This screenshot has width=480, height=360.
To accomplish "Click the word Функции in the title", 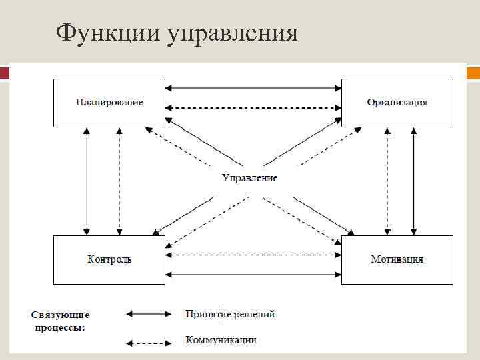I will point(99,32).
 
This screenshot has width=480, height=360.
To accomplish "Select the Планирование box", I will point(109,103).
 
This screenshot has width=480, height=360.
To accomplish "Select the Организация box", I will point(397,103).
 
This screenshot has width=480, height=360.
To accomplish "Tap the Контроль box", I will point(109,259).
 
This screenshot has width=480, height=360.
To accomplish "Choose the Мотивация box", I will point(397,259).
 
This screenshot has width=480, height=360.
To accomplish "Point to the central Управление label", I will point(249,178).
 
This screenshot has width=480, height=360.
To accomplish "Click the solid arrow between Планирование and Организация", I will point(253,87).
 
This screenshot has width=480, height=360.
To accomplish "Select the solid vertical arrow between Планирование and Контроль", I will point(86,181).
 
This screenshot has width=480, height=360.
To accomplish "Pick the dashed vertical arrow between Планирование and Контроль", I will point(119,181).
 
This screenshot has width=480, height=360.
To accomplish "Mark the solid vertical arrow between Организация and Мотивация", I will point(415,181).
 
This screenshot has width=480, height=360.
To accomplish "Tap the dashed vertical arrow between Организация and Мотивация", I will point(386,181).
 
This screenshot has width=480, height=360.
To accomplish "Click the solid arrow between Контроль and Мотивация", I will point(253,274).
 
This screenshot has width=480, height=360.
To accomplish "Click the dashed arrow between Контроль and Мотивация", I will point(253,255).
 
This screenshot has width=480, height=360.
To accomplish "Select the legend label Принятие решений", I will point(230,314).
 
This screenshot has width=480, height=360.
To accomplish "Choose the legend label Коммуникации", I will point(221,340).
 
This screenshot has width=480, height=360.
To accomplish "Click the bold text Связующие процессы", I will point(60,321).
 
